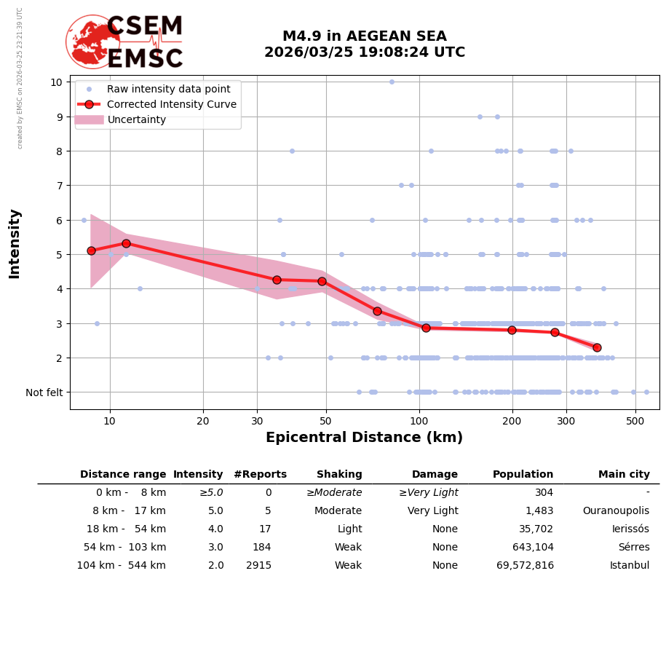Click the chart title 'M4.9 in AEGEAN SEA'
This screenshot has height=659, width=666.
(x=364, y=36)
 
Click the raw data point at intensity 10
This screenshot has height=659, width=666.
(x=392, y=82)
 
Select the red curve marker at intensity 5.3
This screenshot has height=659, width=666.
(x=126, y=243)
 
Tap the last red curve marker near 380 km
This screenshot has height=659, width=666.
(x=597, y=347)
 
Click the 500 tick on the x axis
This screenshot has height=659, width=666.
(x=635, y=421)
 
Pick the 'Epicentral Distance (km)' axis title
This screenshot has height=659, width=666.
(x=364, y=438)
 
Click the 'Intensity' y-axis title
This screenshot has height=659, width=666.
(x=15, y=243)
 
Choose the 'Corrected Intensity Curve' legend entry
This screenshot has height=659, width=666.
(x=172, y=104)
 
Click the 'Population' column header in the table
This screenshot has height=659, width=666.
(x=523, y=475)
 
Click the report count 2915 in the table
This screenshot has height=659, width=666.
(x=258, y=566)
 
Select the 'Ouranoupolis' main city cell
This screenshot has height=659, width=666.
(x=615, y=511)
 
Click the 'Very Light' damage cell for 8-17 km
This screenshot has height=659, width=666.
(x=432, y=511)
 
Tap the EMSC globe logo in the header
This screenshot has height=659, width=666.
(x=92, y=42)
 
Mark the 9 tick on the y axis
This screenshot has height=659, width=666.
(x=56, y=117)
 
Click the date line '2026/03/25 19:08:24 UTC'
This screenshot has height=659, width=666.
(x=364, y=52)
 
